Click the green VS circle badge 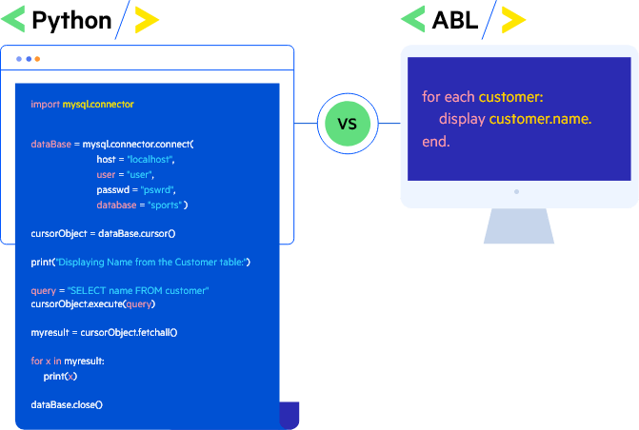347,124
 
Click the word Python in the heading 71,19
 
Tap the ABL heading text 454,19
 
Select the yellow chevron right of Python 147,19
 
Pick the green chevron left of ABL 412,19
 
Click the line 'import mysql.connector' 82,104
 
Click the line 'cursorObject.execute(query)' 92,304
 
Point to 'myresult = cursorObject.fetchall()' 104,332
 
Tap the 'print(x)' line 60,376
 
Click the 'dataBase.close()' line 67,404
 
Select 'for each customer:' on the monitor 482,97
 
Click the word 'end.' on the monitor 435,142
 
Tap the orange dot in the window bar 37,59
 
